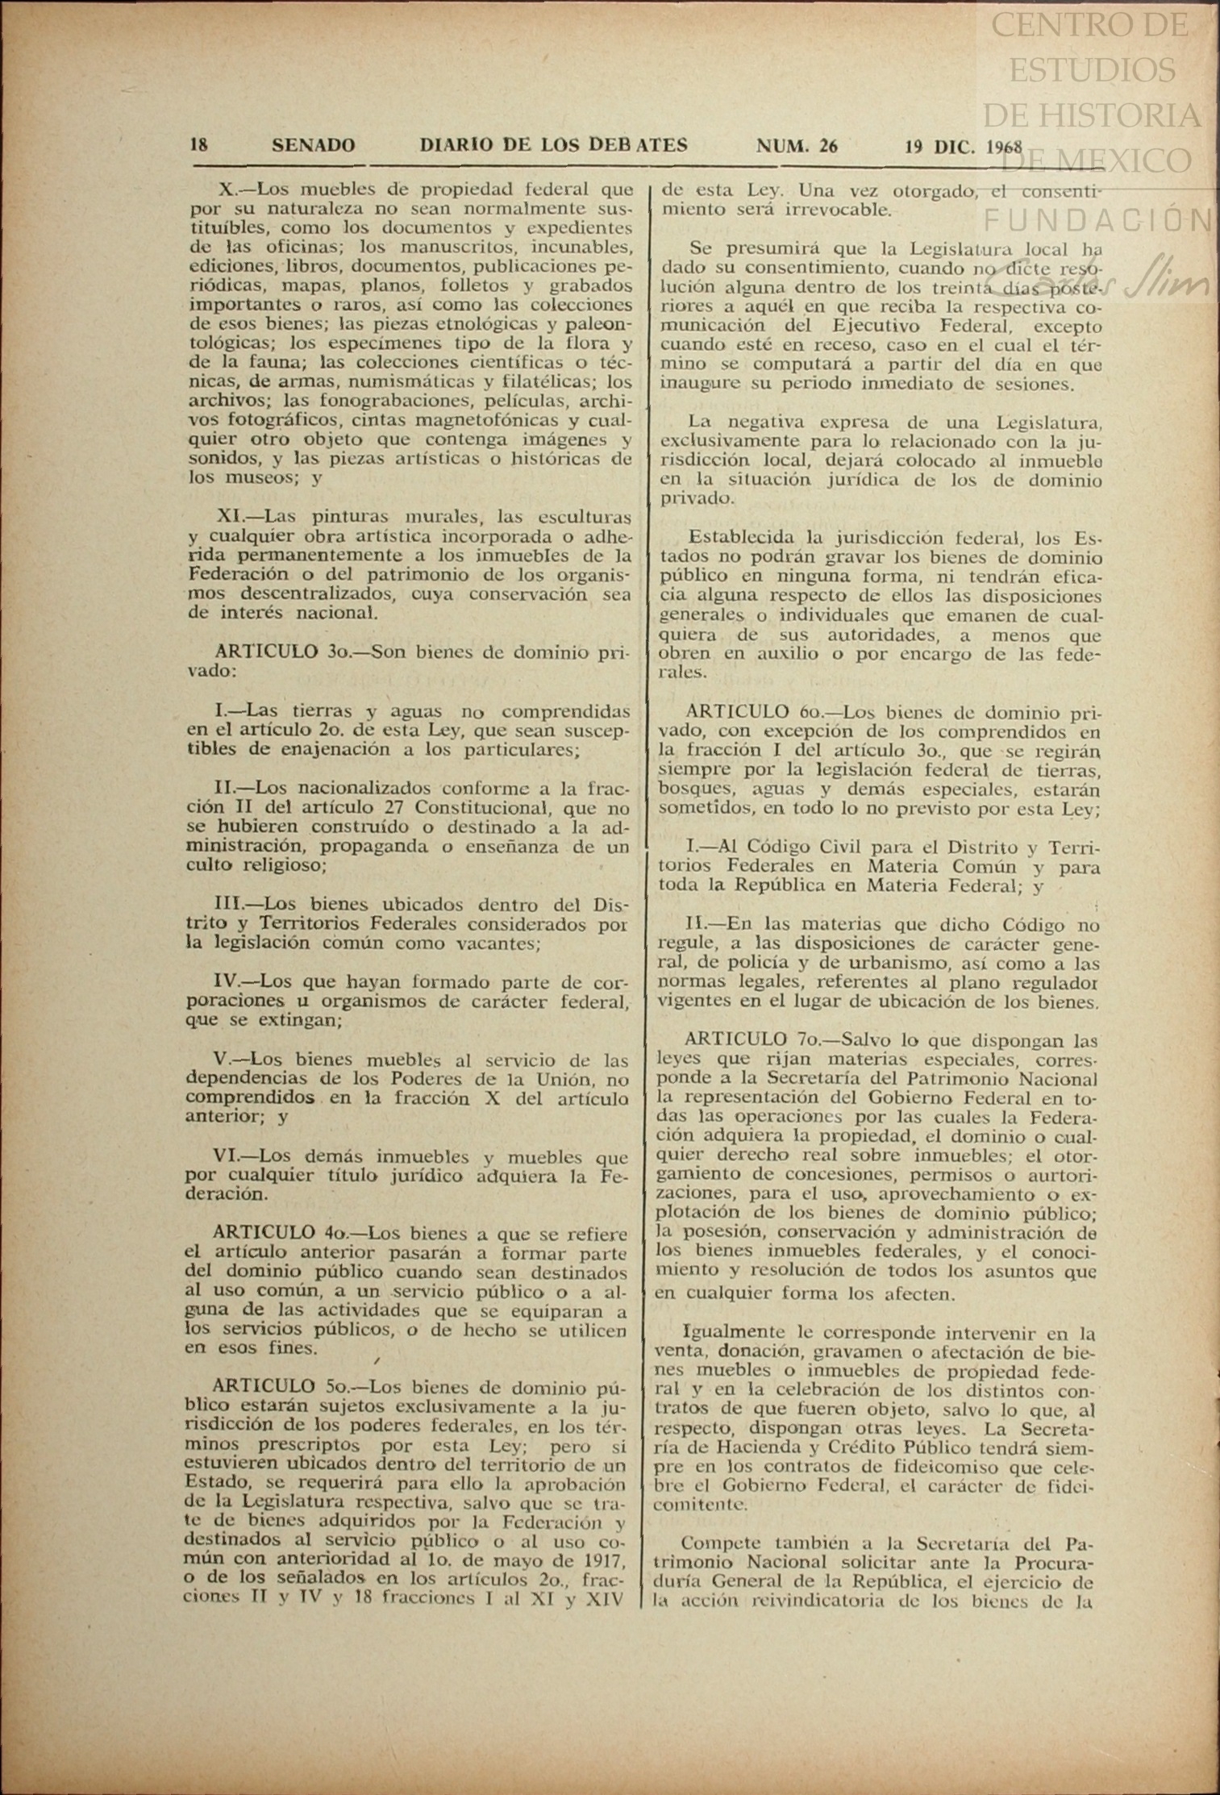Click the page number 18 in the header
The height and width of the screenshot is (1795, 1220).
(x=198, y=145)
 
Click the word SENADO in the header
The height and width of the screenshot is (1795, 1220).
(x=313, y=146)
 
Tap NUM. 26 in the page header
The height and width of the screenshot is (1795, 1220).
(x=796, y=146)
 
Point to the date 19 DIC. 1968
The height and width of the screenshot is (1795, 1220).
(x=963, y=147)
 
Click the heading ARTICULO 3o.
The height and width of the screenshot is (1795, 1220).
(x=281, y=652)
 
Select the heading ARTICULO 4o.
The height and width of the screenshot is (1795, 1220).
(x=280, y=1233)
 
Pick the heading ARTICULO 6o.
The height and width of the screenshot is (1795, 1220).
(x=752, y=712)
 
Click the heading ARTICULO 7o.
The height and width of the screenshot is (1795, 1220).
(x=751, y=1039)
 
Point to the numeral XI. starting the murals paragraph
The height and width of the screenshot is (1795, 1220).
(x=235, y=516)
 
